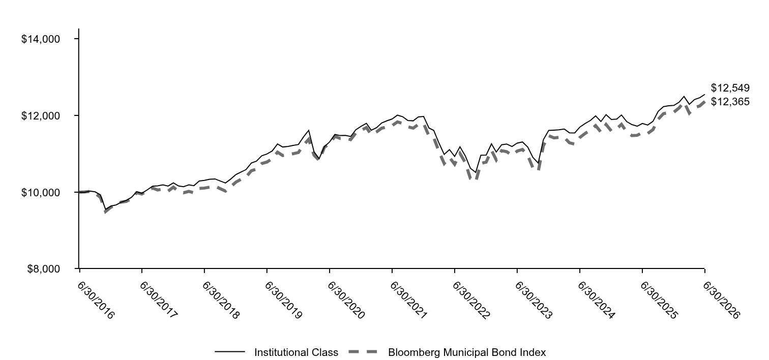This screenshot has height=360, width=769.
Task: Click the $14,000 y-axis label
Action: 41,39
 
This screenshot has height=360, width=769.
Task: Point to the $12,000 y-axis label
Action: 41,116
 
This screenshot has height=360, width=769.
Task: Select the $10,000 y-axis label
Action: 41,193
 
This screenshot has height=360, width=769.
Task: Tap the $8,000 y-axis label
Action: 44,269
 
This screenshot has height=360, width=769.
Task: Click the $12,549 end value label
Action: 730,88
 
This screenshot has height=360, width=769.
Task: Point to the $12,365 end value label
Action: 730,102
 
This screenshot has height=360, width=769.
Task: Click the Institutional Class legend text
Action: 297,352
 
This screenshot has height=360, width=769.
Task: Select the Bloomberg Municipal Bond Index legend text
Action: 467,352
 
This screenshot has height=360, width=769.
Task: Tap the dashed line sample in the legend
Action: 363,352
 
